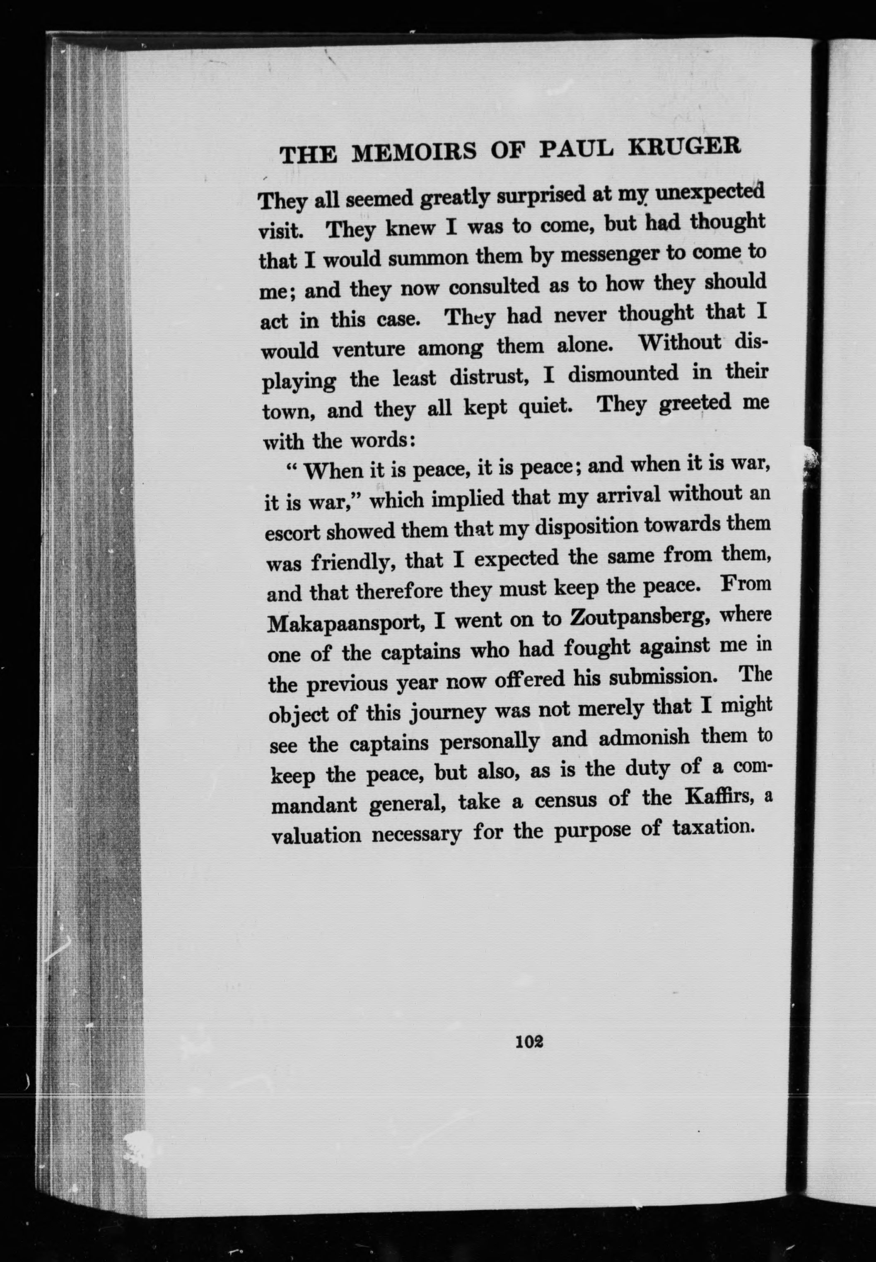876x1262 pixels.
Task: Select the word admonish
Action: (644, 737)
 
